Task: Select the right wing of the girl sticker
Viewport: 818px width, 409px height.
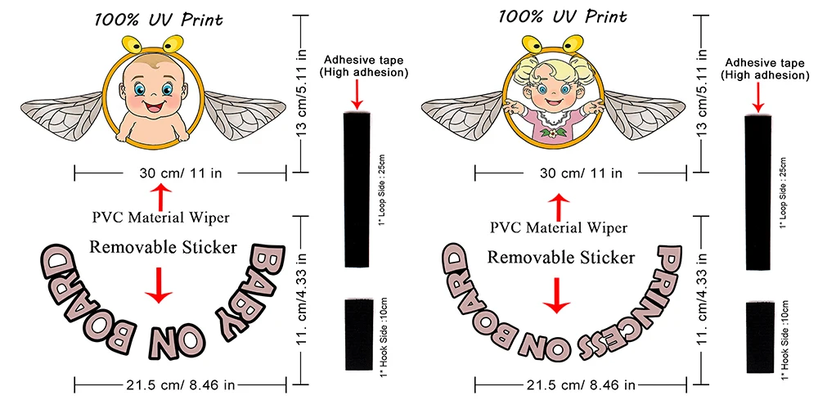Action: tap(644, 115)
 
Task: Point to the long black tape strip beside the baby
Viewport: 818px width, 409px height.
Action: tap(357, 189)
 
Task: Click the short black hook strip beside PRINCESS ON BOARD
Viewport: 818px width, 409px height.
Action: tap(760, 337)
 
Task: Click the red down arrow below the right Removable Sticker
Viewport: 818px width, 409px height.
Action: tap(558, 295)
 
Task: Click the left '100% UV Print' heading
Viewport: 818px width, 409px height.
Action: tap(158, 20)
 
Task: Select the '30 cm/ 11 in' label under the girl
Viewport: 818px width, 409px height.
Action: tap(580, 173)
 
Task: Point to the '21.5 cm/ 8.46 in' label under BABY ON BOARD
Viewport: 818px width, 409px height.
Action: tap(180, 385)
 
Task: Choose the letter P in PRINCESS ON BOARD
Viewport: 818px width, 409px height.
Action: tap(670, 261)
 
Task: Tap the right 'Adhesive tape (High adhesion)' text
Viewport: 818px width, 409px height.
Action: tap(765, 69)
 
